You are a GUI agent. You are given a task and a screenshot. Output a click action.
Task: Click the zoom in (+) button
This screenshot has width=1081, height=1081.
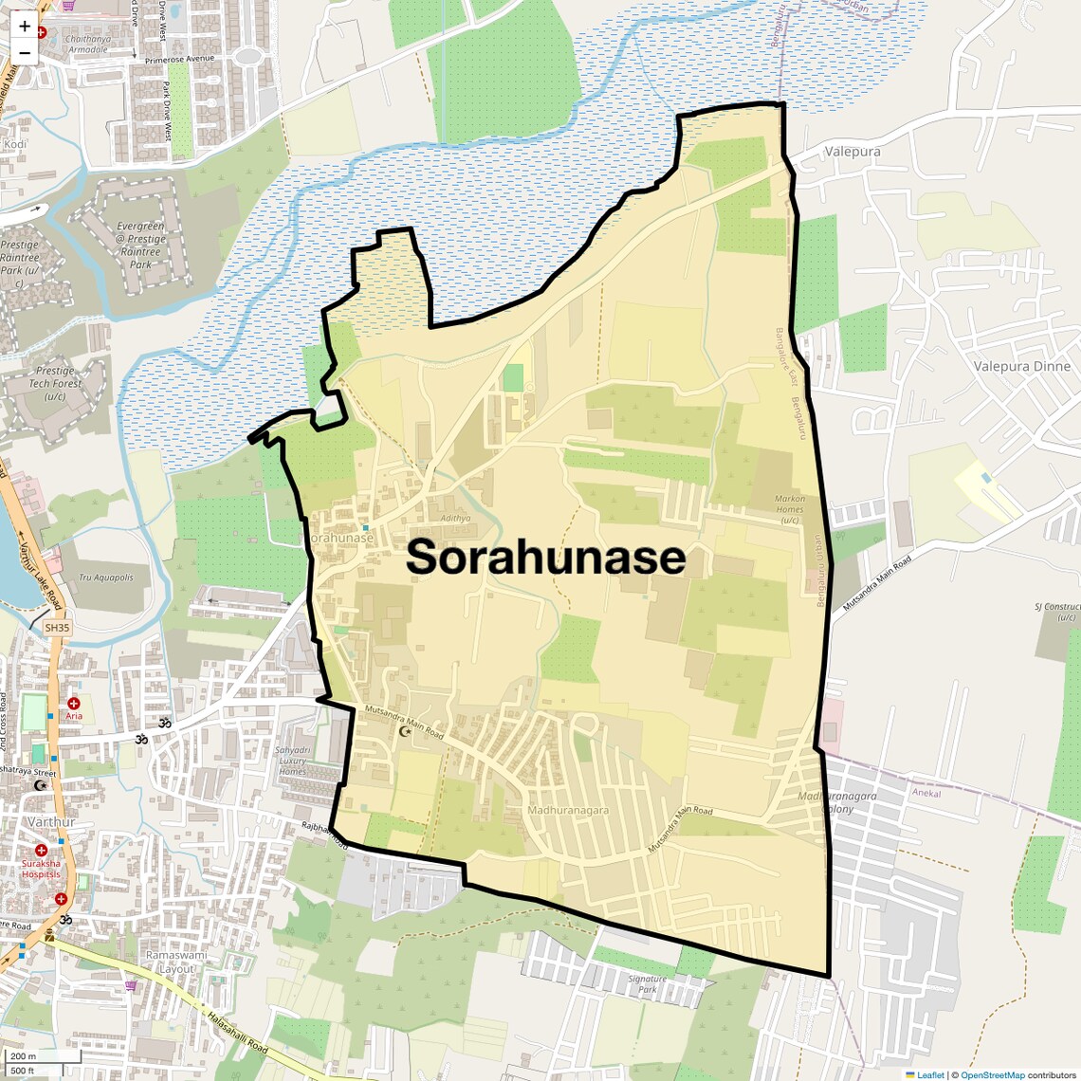[25, 26]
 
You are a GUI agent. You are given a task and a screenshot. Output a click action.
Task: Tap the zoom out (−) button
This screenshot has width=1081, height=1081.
[25, 52]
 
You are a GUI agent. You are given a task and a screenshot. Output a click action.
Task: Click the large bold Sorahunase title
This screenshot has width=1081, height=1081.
[545, 558]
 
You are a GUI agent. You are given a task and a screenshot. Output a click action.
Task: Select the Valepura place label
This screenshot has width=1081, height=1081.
[852, 152]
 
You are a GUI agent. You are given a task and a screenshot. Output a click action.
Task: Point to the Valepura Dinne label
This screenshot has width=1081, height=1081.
[1021, 366]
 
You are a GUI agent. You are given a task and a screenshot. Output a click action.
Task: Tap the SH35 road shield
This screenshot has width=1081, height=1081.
[57, 628]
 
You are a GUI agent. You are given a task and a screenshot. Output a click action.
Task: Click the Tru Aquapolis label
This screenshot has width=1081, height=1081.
[105, 577]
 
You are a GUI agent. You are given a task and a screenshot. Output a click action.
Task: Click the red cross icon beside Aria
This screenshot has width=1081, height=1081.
[73, 703]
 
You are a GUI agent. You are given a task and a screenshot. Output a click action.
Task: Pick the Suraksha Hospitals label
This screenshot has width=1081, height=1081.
[42, 869]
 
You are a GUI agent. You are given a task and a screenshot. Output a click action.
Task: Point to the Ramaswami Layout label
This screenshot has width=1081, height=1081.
[170, 962]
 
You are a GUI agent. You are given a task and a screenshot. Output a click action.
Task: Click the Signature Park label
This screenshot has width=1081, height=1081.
[648, 983]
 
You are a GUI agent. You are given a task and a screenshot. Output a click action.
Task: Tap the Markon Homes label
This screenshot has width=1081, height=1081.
[790, 509]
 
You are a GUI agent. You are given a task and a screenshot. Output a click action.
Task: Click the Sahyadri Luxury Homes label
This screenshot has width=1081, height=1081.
[292, 760]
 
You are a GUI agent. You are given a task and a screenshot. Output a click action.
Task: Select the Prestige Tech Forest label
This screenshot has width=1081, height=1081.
[55, 383]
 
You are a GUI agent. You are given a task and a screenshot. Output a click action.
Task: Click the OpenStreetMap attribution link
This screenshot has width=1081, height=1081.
[993, 1074]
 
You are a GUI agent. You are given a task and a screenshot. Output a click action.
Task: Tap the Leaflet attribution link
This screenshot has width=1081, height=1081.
[929, 1074]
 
